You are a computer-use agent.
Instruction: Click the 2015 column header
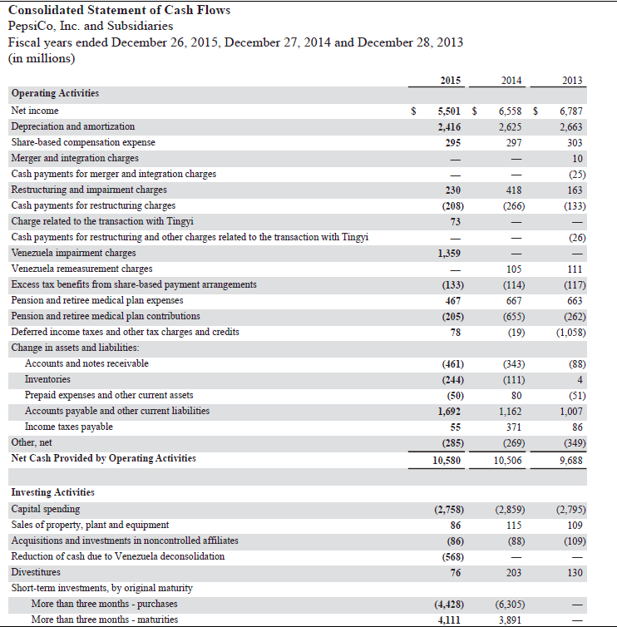click(x=450, y=80)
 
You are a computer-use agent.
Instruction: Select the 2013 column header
click(x=572, y=80)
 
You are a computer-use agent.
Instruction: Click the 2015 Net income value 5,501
click(x=448, y=111)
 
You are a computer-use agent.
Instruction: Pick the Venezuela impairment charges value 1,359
click(x=449, y=253)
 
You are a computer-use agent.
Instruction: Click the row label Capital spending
click(x=46, y=509)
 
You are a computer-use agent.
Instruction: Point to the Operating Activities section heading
click(x=55, y=94)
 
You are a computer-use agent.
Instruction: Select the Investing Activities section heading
click(x=52, y=493)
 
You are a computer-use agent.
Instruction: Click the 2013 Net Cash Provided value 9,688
click(x=571, y=458)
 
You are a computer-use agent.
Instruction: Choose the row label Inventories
click(x=47, y=379)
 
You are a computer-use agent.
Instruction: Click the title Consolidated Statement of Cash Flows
click(x=119, y=10)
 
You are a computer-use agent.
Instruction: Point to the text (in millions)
click(x=41, y=58)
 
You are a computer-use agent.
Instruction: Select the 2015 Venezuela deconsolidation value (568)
click(x=449, y=556)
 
